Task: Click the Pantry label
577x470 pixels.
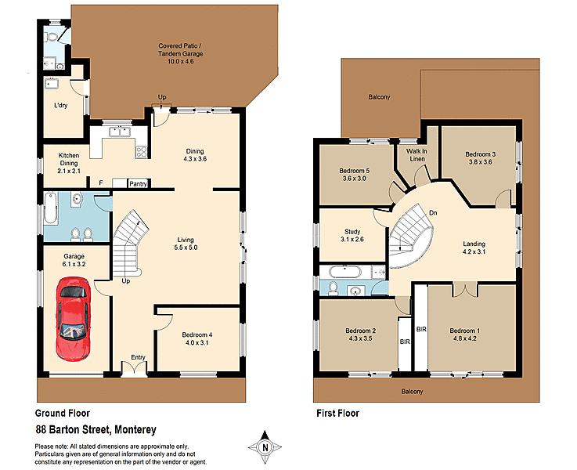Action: tap(139, 183)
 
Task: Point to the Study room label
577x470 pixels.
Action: tap(352, 231)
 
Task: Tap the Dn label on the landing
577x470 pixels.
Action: tap(433, 212)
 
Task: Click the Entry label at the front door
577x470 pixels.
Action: tap(139, 357)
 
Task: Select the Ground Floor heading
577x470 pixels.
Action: tap(63, 413)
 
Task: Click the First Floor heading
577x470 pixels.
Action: tap(337, 413)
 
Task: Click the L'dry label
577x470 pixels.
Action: tap(60, 105)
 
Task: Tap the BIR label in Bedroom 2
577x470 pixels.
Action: tap(405, 342)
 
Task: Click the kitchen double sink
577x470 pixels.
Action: tap(120, 132)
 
